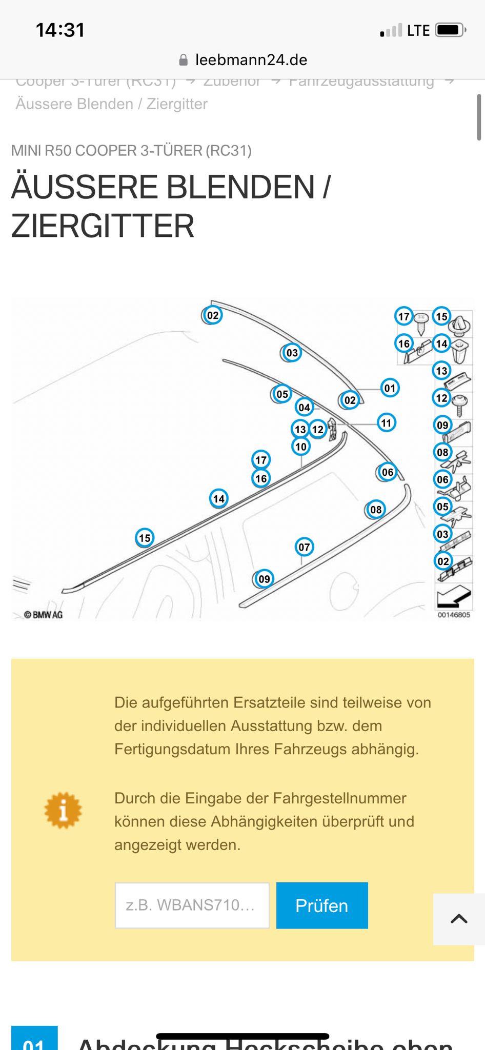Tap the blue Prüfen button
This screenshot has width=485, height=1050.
pos(322,905)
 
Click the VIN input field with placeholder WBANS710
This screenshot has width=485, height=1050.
pos(192,905)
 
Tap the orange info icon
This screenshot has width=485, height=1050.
pos(63,811)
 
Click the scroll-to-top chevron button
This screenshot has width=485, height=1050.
pos(459,919)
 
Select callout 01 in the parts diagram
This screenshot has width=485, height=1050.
pos(390,388)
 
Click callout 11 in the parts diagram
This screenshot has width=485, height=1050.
pos(386,423)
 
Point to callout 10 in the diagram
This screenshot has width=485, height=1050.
pos(301,447)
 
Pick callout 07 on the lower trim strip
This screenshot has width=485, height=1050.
pos(304,547)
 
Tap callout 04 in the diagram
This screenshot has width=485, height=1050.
pos(304,408)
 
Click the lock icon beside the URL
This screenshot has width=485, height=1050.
pos(184,60)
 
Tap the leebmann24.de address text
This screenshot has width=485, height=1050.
pos(251,60)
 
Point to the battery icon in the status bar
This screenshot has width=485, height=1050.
pos(450,30)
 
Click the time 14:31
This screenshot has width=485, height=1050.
pos(60,30)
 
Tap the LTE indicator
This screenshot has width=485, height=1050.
pos(418,31)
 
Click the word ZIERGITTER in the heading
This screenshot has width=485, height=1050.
pos(103,226)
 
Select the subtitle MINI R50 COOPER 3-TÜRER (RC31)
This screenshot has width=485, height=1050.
pos(131,151)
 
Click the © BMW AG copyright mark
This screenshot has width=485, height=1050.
pos(44,615)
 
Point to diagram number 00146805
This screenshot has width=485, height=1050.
pos(454,615)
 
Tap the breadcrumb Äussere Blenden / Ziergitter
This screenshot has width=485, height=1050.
pos(112,104)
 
